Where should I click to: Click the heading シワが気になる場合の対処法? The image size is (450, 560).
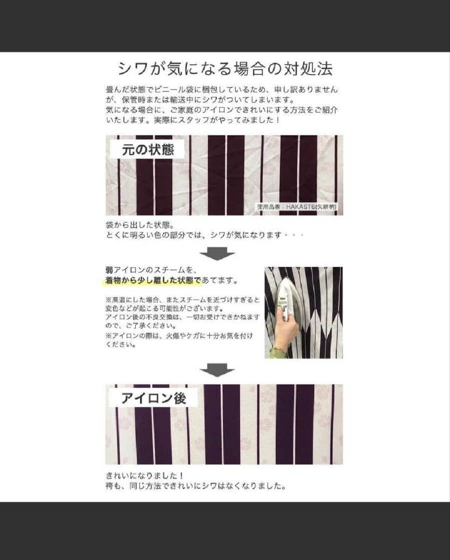224,69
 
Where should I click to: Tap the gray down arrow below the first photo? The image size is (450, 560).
217,254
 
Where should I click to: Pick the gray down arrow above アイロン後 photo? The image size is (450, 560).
217,370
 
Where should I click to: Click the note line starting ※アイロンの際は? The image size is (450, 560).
179,336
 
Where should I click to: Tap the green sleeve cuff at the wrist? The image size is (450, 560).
277,353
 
